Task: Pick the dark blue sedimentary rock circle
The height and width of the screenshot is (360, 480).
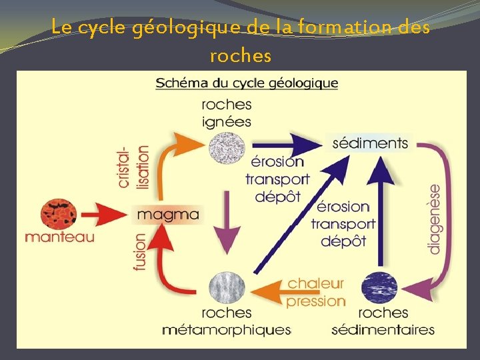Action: click(x=379, y=288)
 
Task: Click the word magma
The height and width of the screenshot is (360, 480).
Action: click(x=167, y=214)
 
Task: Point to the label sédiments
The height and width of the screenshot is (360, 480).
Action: click(x=370, y=143)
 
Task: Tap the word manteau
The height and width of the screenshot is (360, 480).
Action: click(x=59, y=237)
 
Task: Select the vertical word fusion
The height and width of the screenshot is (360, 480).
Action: click(x=140, y=252)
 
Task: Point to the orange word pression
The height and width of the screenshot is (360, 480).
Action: click(x=316, y=301)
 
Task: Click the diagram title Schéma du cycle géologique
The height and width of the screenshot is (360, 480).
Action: click(x=247, y=84)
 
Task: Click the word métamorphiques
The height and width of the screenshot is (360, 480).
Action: click(x=226, y=329)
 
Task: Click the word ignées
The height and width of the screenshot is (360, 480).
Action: click(x=226, y=121)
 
